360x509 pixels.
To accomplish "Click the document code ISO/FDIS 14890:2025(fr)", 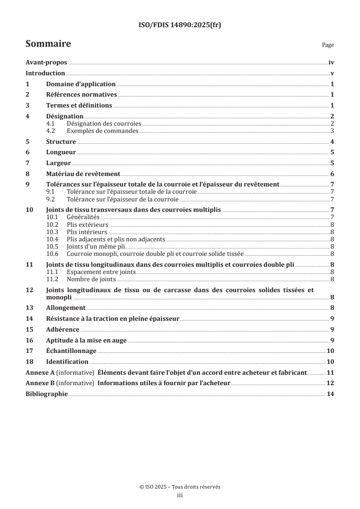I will point(180,25).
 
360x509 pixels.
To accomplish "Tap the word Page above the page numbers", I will point(328,45).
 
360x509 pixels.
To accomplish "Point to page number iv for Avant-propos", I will point(331,63).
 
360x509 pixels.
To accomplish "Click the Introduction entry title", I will point(45,73).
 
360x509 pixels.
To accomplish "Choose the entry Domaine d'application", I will point(81,84).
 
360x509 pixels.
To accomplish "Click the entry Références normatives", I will point(82,95).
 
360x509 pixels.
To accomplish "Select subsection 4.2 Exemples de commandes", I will point(102,131).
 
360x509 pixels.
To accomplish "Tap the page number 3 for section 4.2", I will point(332,131).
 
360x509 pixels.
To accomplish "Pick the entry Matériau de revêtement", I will point(83,174).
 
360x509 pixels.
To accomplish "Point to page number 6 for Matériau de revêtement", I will point(332,174).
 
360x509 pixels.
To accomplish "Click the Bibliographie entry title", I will point(46,394).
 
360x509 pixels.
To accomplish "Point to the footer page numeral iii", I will point(180,495).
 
